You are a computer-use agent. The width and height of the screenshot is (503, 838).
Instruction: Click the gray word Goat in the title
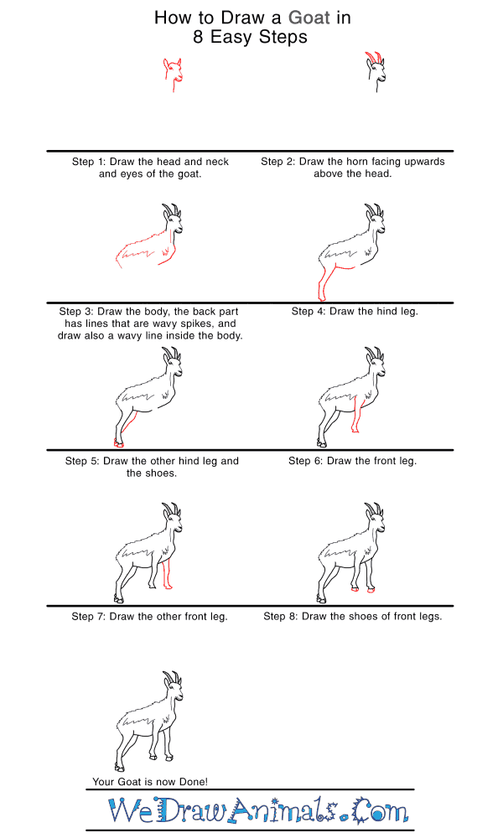point(309,18)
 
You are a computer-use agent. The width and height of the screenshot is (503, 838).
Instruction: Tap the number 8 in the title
point(198,37)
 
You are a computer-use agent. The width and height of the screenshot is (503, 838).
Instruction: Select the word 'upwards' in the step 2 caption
point(424,162)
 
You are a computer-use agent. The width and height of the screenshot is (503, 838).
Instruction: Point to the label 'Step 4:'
point(309,311)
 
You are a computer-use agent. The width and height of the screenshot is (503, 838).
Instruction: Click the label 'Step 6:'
point(306,461)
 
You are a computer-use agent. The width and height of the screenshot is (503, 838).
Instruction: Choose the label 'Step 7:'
point(89,616)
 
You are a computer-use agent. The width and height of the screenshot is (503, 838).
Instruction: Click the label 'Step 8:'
point(281,616)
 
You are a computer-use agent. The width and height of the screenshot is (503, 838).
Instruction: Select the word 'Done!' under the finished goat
point(194,781)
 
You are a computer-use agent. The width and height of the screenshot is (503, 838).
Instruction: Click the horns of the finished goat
point(172,677)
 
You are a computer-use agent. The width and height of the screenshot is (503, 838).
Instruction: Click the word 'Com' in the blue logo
point(381,810)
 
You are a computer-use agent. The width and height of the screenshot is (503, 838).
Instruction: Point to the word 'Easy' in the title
point(231,38)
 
